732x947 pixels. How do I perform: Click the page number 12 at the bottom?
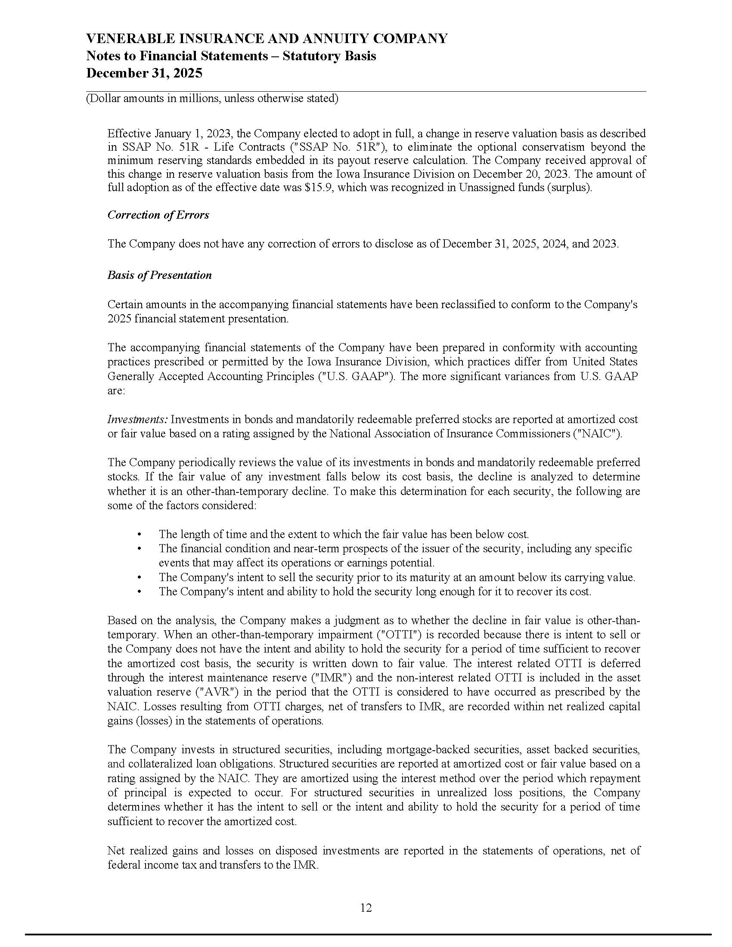(x=366, y=907)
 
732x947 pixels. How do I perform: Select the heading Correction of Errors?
(x=158, y=215)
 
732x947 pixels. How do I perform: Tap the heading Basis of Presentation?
(x=160, y=275)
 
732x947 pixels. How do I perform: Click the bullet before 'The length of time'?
(x=139, y=535)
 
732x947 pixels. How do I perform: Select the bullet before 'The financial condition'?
(x=139, y=549)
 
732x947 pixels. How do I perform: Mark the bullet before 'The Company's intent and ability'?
(x=139, y=592)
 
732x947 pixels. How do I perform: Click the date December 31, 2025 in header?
(x=144, y=73)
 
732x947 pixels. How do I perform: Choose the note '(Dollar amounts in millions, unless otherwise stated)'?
(x=212, y=99)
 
